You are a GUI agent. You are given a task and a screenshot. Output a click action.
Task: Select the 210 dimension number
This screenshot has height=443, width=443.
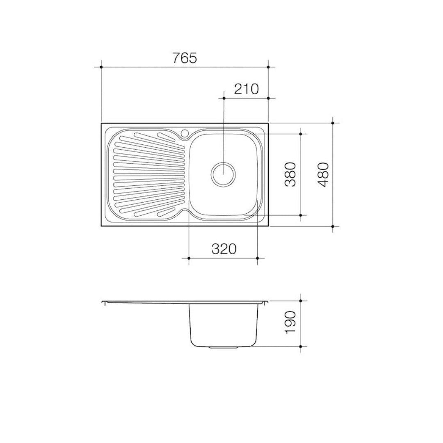coord(246,89)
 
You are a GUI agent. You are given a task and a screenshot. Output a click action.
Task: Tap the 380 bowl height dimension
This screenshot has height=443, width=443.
coord(290,174)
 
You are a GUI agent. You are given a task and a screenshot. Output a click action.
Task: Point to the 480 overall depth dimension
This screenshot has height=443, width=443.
coord(324,174)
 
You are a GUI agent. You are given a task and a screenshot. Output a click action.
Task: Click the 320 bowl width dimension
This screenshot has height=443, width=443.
coord(224,249)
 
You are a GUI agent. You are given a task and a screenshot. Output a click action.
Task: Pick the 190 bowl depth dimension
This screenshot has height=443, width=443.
coord(290,322)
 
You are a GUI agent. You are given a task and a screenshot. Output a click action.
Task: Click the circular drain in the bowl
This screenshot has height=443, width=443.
coord(223,174)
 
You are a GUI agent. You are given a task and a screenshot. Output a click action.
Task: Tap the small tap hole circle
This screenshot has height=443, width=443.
coord(185,133)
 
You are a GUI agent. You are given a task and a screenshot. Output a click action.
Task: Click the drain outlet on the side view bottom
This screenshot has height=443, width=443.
coord(224,347)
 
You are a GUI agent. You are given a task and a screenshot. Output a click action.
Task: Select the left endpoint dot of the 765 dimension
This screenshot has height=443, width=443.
coord(101,66)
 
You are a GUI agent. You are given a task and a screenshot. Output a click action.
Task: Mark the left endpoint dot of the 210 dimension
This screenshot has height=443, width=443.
coord(224,98)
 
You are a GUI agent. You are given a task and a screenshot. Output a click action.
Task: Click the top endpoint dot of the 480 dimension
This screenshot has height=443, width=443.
coord(333,123)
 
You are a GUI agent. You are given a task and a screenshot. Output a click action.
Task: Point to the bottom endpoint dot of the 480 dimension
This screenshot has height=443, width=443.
coord(333,226)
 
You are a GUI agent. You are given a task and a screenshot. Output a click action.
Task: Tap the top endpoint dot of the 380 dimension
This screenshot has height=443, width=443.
coord(301,134)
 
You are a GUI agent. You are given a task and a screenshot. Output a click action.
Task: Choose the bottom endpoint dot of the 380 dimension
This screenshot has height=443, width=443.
coord(301,215)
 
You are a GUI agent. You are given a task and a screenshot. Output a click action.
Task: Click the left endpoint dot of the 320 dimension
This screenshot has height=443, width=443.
coord(189,258)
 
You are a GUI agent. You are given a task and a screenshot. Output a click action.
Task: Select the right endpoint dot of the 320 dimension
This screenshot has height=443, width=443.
coord(257,258)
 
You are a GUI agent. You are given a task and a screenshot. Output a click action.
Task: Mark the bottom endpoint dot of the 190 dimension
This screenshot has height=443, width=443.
coord(301,347)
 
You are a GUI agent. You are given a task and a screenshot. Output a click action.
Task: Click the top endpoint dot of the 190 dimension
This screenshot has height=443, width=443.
coord(301,301)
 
